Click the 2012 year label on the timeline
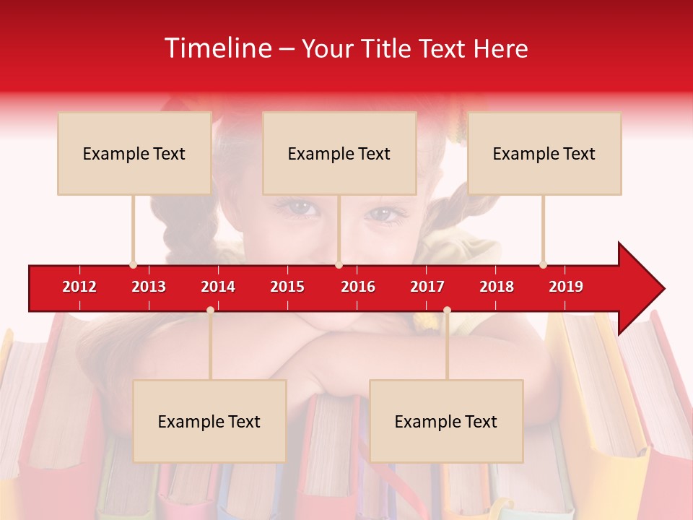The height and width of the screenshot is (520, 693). [79, 287]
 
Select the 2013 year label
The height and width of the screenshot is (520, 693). [149, 287]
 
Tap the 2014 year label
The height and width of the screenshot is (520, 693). [218, 287]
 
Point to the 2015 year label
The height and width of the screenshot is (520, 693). [287, 287]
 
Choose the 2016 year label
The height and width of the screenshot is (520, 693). [358, 287]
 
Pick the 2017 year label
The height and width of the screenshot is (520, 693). [427, 287]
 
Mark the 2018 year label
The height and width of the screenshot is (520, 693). [497, 287]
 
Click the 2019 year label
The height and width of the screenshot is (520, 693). [566, 287]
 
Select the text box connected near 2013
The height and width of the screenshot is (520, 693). [134, 153]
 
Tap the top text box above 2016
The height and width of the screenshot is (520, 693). [339, 153]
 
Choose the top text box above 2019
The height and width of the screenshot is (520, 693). [544, 153]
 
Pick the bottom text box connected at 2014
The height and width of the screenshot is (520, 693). [209, 421]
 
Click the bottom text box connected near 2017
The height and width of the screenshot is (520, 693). [446, 421]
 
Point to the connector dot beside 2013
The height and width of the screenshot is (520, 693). [133, 265]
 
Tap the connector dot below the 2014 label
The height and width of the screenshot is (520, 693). [210, 310]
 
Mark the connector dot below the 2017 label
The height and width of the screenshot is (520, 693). [447, 310]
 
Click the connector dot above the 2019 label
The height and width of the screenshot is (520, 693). [543, 265]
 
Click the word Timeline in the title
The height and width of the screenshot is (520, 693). [217, 48]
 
